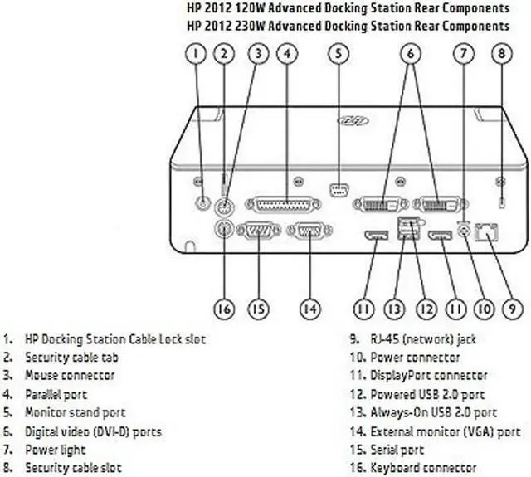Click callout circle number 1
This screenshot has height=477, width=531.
click(196, 54)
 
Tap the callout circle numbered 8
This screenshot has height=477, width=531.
click(499, 54)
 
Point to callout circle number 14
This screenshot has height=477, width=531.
click(309, 309)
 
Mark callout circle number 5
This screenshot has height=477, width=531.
click(338, 54)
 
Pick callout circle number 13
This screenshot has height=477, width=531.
click(393, 309)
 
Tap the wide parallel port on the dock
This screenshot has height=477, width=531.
click(280, 203)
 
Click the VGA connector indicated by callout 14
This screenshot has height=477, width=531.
click(309, 232)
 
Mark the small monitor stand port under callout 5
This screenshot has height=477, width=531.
click(339, 192)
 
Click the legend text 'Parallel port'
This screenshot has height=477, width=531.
click(56, 394)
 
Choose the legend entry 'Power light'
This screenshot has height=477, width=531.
click(56, 449)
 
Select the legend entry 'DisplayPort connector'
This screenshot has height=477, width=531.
click(429, 376)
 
